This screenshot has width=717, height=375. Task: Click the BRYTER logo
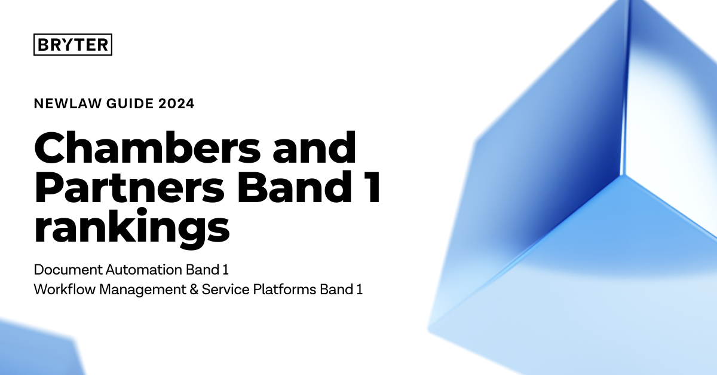point(73,45)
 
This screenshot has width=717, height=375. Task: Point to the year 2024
point(176,104)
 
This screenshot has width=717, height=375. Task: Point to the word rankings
point(132,228)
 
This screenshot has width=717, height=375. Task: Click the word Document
point(63,269)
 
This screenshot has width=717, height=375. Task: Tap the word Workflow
point(62,290)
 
